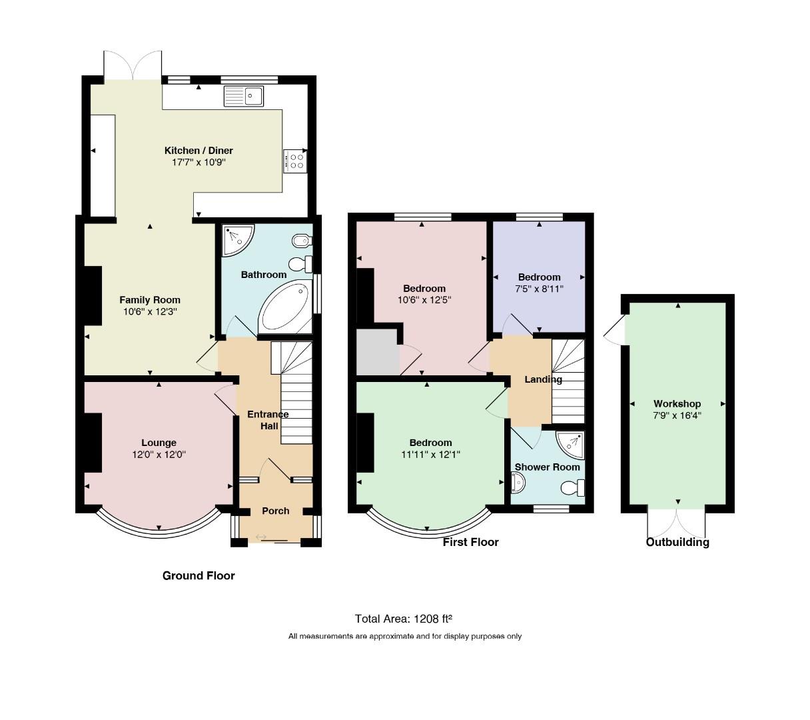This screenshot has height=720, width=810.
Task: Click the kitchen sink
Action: (244, 96)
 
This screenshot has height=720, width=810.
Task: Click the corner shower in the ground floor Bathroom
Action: (238, 240)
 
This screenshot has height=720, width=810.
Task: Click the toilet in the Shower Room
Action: (573, 489)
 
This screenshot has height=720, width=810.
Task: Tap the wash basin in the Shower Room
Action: (518, 483)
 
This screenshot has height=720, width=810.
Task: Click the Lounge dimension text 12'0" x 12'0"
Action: (159, 455)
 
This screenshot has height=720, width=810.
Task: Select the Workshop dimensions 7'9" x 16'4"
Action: (677, 415)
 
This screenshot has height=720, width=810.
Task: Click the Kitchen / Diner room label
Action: (199, 151)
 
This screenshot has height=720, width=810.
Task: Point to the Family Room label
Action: (150, 300)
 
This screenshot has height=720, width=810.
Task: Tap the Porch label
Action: (276, 511)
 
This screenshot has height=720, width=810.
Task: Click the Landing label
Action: (544, 379)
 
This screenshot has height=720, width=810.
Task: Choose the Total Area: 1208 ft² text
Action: (404, 619)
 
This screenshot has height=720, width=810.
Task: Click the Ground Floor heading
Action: (199, 575)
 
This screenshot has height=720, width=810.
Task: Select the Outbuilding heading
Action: (677, 542)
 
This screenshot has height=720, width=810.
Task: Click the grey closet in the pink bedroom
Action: (378, 352)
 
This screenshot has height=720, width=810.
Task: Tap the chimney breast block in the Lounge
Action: (93, 443)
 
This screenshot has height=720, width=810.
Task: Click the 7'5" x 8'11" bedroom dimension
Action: (539, 289)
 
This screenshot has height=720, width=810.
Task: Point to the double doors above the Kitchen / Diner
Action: (133, 65)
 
